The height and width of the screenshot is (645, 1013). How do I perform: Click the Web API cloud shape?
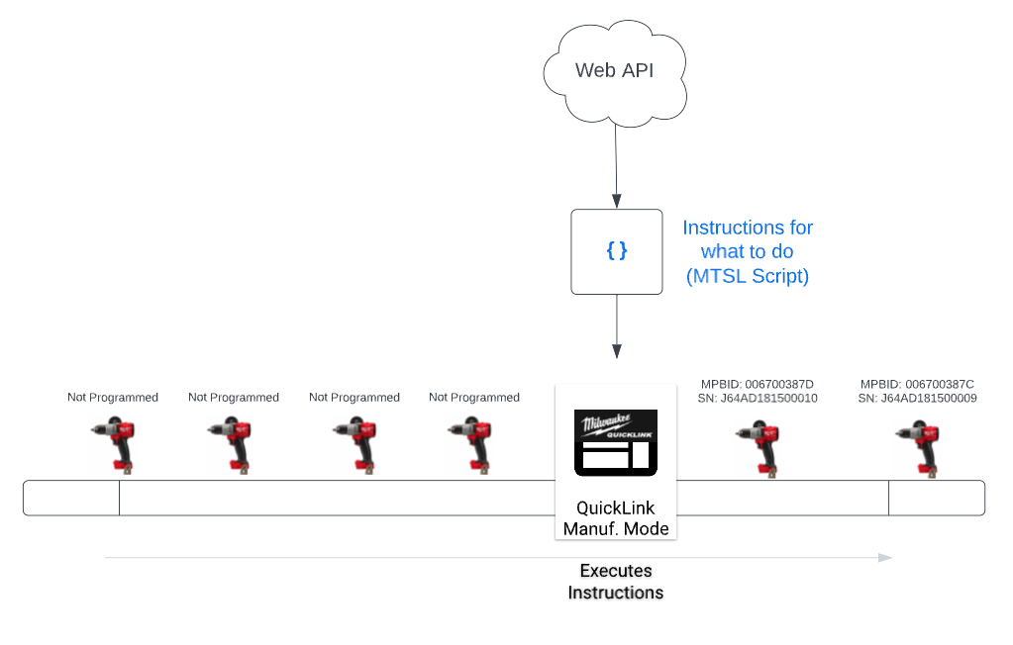614,72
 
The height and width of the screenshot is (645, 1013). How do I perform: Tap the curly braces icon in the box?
617,250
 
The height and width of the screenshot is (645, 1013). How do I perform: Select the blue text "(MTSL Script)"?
748,276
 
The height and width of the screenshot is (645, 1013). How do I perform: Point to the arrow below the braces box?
617,326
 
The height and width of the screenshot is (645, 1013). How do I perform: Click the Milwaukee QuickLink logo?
616,443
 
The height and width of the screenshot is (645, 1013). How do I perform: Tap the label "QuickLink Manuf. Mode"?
616,517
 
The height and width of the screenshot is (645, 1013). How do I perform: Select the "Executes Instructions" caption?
616,582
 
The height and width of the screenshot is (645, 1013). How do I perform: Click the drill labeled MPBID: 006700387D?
758,448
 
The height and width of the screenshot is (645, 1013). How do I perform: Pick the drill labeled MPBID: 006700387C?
917,448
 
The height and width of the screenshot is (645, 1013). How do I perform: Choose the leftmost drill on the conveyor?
113,446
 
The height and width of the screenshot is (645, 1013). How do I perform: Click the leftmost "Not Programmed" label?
113,397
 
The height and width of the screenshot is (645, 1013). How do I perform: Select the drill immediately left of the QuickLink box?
469,446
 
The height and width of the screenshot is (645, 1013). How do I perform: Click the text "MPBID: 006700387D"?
758,384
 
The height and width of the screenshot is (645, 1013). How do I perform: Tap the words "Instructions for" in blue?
748,228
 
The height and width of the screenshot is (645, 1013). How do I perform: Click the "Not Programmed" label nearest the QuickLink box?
474,397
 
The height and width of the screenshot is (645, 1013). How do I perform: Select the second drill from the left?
230,446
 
